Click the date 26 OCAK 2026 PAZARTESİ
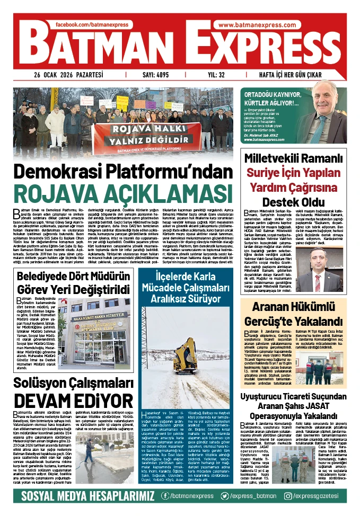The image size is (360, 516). coord(69,75)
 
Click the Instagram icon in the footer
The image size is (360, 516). coord(288,495)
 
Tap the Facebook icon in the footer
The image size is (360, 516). coord(166,495)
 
